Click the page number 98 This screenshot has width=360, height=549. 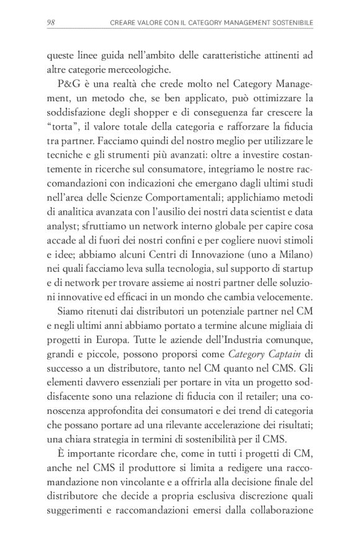[x=52, y=23]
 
